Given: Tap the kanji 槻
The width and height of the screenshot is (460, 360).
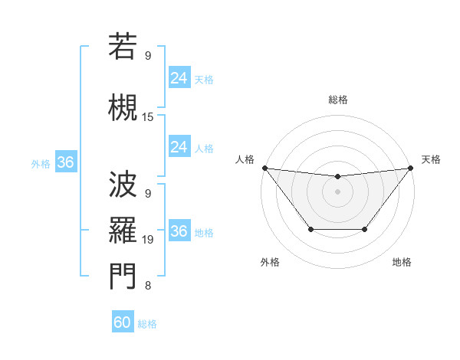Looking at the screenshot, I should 123,107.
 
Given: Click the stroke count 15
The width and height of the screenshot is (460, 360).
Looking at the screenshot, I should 148,117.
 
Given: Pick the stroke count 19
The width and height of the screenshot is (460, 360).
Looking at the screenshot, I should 148,240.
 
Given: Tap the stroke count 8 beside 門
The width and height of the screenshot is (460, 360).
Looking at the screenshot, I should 148,286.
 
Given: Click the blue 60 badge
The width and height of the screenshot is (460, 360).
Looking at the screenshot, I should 123,322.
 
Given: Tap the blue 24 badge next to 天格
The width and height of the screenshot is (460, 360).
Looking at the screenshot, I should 179,78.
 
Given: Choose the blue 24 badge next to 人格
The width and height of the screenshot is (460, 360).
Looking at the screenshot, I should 179,147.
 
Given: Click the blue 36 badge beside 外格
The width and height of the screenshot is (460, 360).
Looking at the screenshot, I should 65,162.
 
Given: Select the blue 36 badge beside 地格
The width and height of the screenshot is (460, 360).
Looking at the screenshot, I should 179,231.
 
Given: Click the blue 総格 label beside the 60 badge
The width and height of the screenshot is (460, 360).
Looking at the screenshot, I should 147,324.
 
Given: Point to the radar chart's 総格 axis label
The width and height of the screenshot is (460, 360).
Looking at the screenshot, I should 338,100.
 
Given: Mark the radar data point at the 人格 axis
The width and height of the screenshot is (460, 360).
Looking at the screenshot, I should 264,168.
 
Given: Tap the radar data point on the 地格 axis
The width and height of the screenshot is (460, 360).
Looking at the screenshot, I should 365,229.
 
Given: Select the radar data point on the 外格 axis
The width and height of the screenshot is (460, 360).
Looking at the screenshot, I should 310,229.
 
